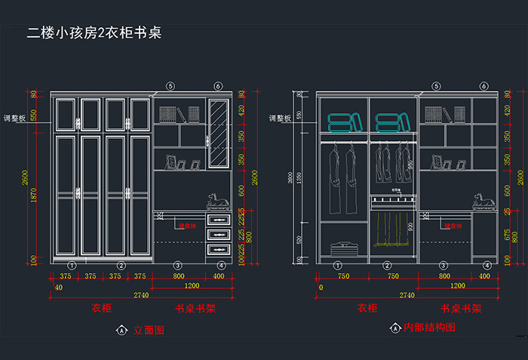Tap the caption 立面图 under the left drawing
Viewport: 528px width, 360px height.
149,330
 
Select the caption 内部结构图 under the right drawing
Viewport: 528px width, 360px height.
429,328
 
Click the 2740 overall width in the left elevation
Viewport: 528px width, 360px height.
141,295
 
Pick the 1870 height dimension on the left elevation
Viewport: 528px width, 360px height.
34,195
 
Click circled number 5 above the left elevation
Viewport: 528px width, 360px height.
170,87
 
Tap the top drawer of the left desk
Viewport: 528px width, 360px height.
219,219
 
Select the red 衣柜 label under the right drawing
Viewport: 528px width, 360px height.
367,309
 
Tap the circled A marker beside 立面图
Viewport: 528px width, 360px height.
121,330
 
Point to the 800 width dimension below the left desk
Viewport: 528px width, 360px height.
180,276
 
